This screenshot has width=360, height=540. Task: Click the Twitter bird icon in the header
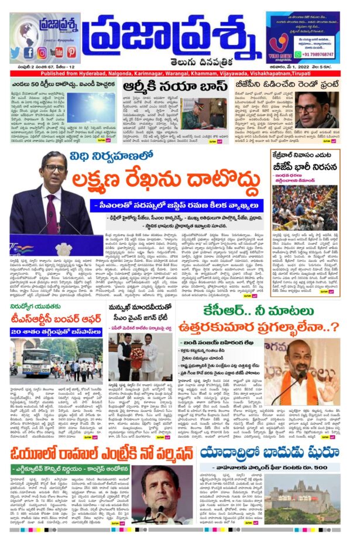16,52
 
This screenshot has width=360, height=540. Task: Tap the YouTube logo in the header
57,52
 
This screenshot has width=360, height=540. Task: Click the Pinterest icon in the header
71,52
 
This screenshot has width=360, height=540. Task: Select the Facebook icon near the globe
29,52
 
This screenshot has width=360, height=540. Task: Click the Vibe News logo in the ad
282,47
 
